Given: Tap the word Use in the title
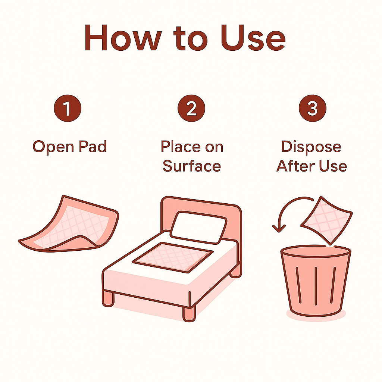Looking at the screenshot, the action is (253, 38).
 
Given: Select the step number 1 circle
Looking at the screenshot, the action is (68, 108).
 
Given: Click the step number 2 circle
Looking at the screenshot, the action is (191, 108).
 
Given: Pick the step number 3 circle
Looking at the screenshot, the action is (312, 108).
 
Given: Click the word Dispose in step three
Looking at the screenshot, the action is (311, 147).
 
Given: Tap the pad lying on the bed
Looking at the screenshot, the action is (172, 257).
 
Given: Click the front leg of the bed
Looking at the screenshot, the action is (189, 314).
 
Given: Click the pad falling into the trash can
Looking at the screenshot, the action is (326, 220).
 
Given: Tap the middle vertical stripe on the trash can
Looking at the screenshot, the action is (316, 286).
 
